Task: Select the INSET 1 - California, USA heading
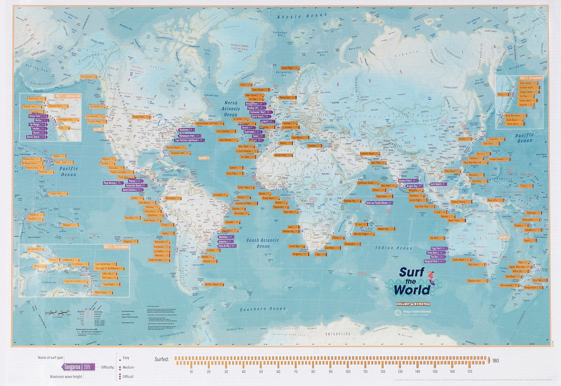(x=68, y=96)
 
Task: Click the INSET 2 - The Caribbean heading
(x=116, y=247)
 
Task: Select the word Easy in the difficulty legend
(x=126, y=358)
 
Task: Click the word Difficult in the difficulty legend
(x=128, y=377)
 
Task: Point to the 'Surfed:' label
(x=162, y=359)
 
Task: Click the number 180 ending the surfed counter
(x=496, y=361)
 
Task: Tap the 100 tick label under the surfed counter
(x=348, y=371)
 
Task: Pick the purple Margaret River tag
(x=434, y=261)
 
